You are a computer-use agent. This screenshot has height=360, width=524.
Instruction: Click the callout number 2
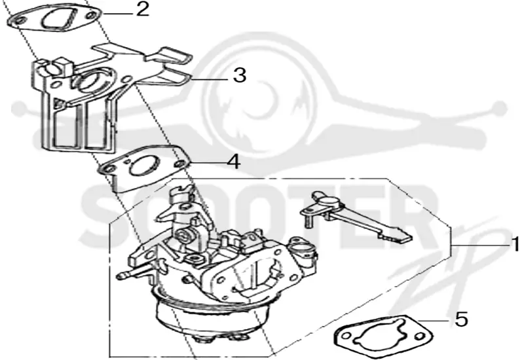(143, 9)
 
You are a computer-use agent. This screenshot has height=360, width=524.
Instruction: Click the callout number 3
(240, 75)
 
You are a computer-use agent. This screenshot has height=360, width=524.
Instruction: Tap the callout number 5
(462, 319)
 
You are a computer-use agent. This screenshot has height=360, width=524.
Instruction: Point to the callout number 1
(516, 244)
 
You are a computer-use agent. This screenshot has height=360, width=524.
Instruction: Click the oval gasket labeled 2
(54, 19)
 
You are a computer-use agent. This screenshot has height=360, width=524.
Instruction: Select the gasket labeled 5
(383, 334)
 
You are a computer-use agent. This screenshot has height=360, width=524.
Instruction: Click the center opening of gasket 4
(144, 166)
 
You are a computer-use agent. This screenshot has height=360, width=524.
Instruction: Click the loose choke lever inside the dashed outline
(356, 217)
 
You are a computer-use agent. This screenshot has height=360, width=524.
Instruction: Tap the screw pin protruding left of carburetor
(133, 272)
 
